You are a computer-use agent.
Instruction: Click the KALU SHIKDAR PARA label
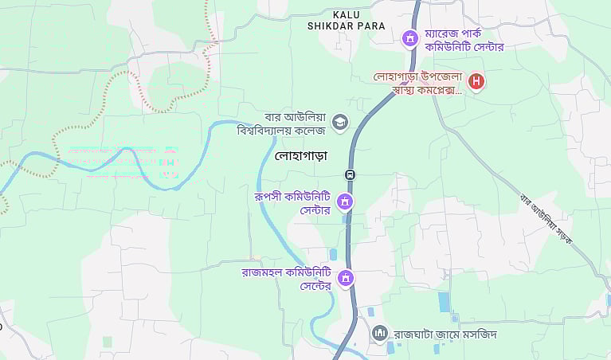point(346,20)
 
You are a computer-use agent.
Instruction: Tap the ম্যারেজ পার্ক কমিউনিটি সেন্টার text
point(464,41)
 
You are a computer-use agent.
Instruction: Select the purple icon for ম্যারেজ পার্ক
point(409,37)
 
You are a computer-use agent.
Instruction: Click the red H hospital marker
point(476,80)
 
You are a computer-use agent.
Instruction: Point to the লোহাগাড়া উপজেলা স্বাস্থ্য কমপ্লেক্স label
point(418,84)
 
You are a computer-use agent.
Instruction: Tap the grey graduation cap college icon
point(340,121)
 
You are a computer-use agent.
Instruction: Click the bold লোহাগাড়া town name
point(300,156)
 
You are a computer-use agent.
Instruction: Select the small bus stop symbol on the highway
point(350,174)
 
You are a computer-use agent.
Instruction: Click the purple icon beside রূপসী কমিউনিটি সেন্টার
point(345,202)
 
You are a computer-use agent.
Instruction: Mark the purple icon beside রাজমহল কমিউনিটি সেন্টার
point(346,278)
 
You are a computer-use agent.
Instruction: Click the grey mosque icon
point(380,332)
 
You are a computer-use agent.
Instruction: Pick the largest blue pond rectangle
point(444,302)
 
